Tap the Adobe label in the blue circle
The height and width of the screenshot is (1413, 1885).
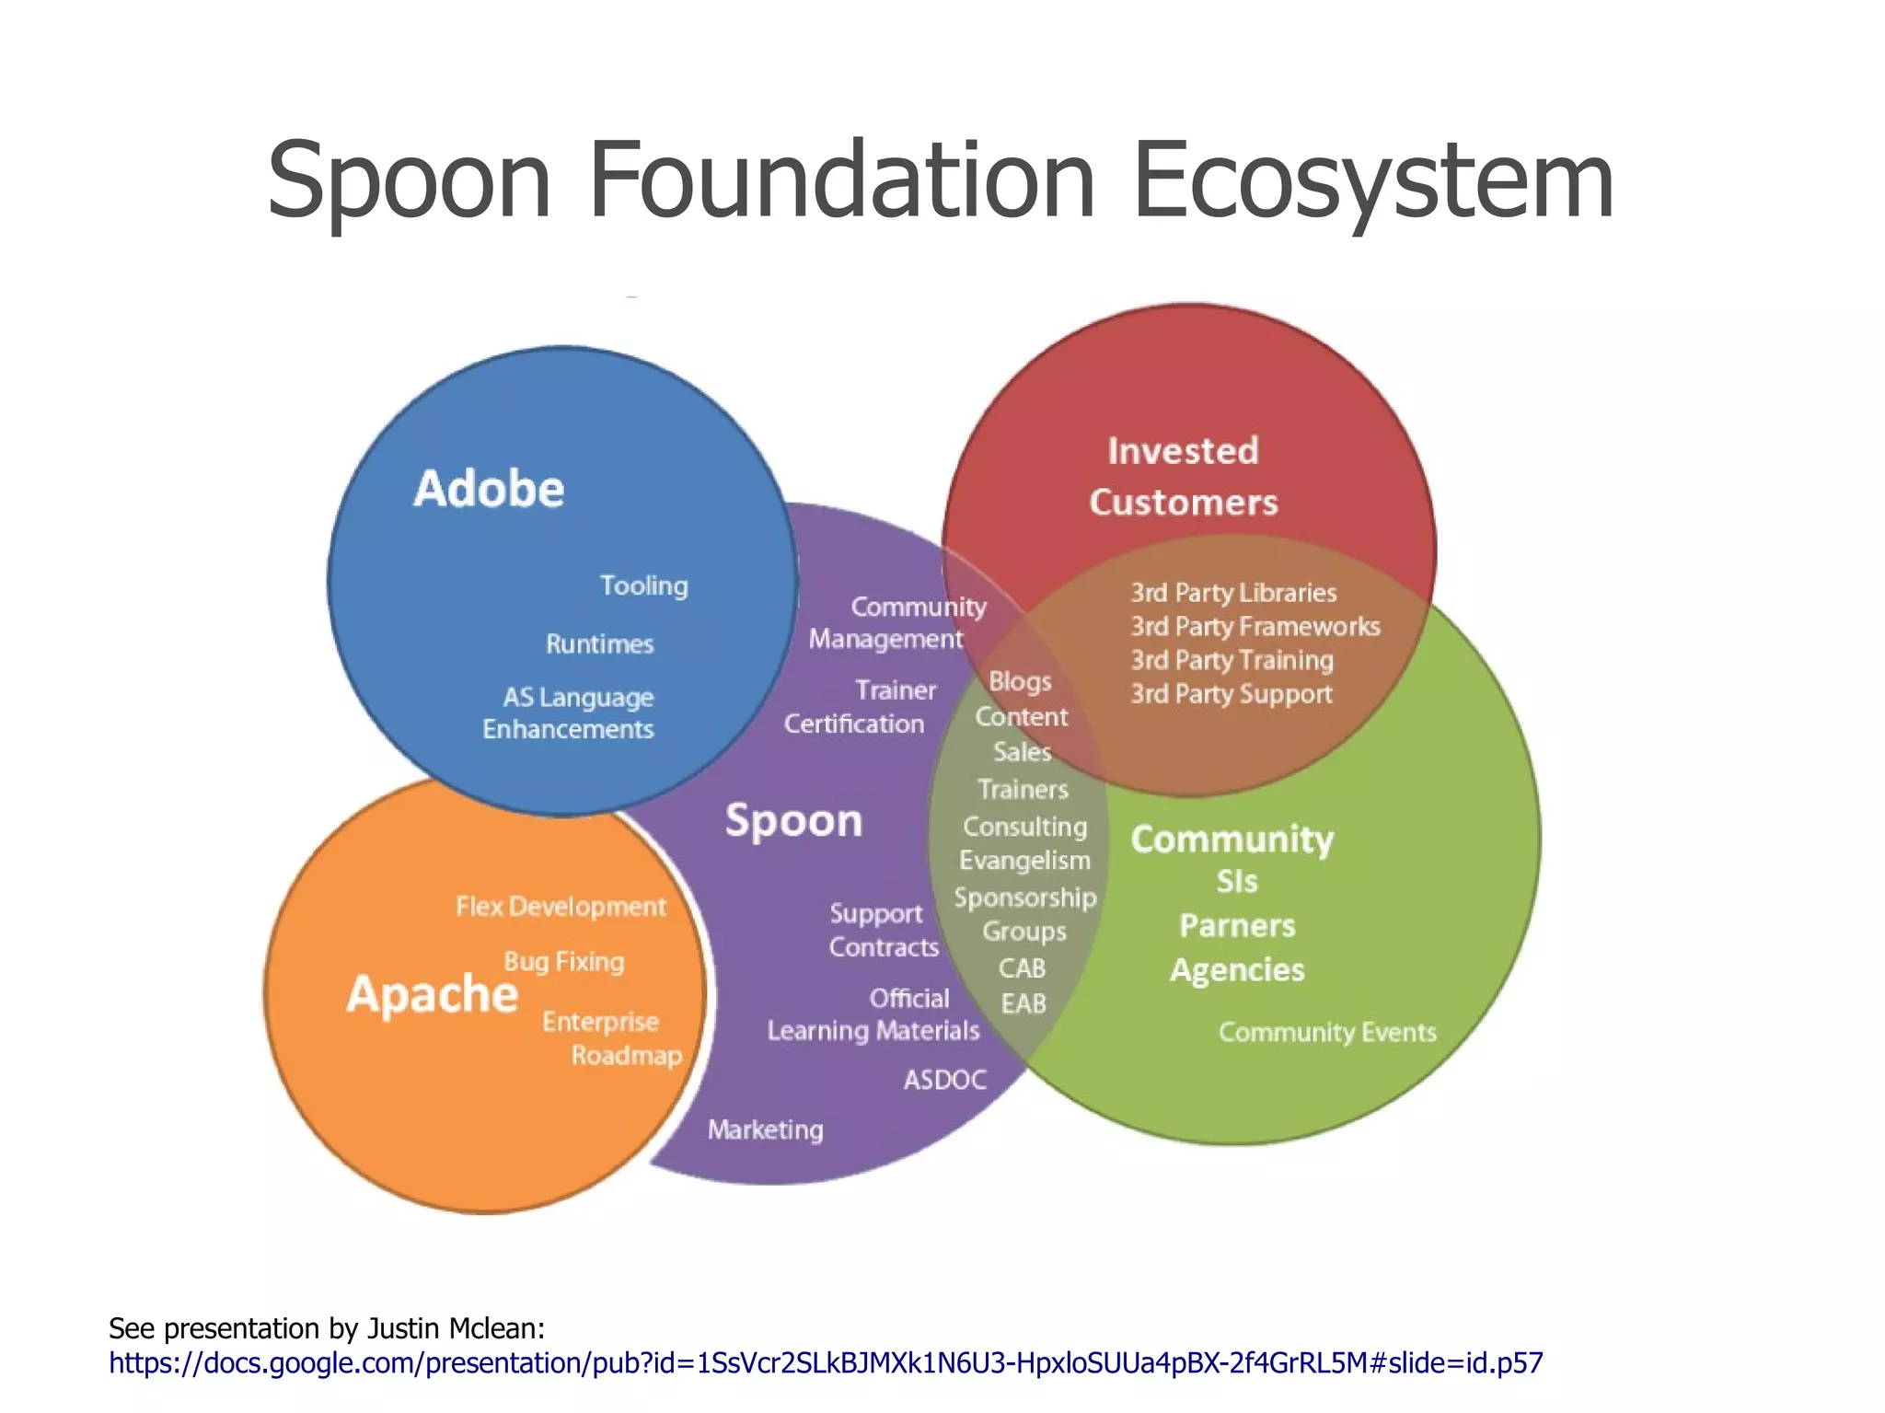489,488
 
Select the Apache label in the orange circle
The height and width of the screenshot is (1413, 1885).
432,995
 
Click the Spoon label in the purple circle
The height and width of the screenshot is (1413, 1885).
793,820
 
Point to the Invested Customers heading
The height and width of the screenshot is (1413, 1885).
1184,477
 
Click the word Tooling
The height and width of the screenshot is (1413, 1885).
644,585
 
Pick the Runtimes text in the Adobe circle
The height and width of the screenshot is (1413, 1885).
600,643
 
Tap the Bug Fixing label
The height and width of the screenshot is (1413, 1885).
564,962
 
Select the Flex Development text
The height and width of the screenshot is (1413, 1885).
561,907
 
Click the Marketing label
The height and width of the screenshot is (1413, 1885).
765,1129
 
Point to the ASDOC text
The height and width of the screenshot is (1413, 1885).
945,1080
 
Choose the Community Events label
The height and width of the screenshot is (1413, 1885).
1327,1032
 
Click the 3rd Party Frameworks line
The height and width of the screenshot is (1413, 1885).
1255,627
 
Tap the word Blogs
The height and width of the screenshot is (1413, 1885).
1020,682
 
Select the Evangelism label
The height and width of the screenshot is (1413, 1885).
1024,861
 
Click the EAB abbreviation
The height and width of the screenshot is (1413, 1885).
1023,1003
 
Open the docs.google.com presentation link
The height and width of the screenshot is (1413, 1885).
826,1362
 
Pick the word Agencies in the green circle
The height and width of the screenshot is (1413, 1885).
1237,970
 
